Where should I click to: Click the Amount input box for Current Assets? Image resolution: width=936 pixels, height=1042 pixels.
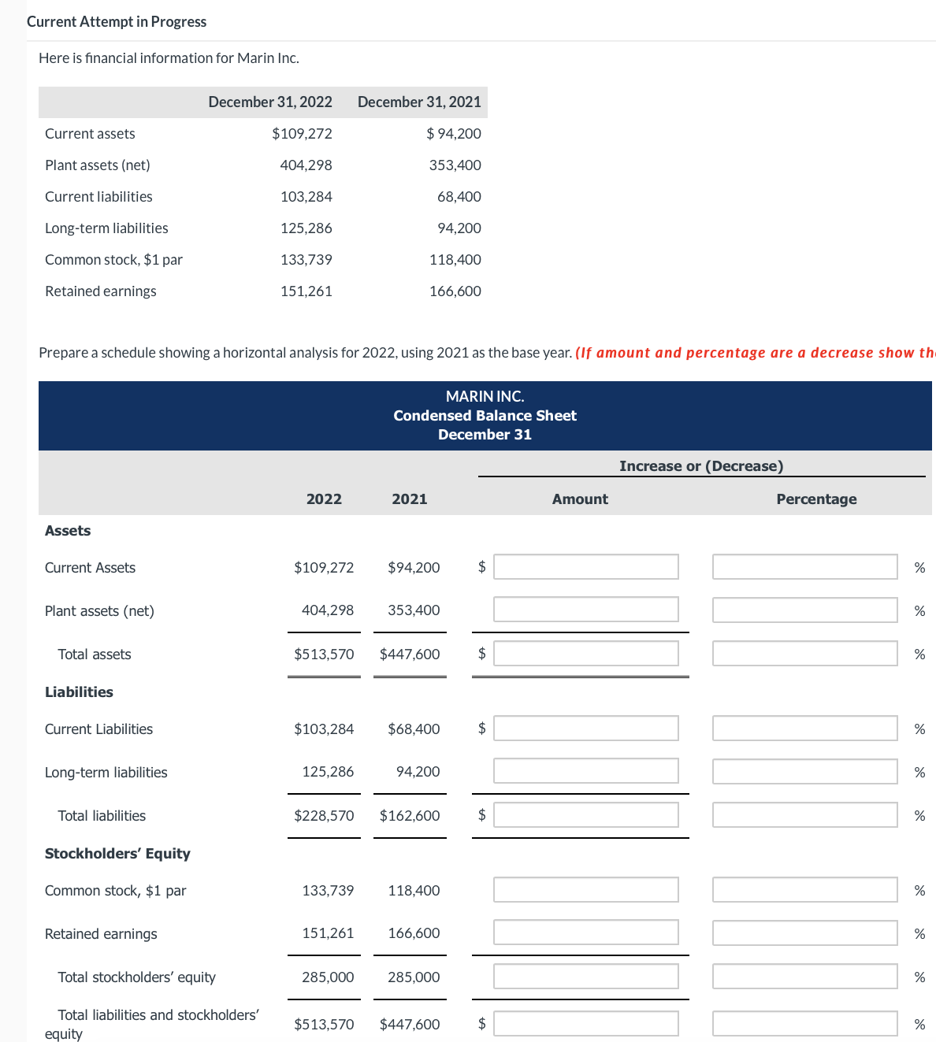[x=585, y=567]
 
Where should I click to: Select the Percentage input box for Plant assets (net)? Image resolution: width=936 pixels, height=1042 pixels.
[x=804, y=610]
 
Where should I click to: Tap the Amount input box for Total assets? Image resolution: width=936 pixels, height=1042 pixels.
[x=585, y=654]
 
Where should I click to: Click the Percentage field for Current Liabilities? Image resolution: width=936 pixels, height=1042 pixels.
[x=804, y=729]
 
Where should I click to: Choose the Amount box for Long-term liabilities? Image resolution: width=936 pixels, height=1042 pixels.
[x=585, y=772]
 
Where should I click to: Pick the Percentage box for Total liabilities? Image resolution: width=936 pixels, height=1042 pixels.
[x=804, y=815]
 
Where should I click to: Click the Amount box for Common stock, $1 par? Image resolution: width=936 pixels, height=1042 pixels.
[x=585, y=890]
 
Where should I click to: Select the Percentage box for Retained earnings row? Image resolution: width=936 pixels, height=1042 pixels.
[x=804, y=933]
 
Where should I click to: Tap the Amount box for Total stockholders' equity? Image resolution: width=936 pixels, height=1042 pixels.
[x=585, y=977]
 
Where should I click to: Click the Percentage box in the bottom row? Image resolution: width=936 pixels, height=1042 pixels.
[x=804, y=1024]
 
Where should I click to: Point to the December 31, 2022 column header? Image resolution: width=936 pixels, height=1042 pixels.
[x=270, y=102]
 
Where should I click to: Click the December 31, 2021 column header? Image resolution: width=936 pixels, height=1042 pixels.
[x=419, y=102]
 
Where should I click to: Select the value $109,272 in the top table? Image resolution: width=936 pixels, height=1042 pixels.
[x=302, y=134]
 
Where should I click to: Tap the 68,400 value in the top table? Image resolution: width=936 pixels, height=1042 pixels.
[x=459, y=197]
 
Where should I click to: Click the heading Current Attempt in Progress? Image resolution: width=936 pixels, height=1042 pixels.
[x=117, y=22]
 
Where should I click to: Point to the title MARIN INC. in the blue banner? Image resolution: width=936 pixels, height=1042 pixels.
[x=485, y=396]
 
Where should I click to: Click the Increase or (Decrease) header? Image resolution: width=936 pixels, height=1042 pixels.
[x=701, y=466]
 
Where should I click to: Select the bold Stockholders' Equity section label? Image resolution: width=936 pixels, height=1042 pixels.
[x=117, y=854]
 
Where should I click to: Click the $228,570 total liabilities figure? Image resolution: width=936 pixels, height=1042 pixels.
[x=324, y=816]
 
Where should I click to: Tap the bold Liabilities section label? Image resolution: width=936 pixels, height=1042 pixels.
[x=79, y=692]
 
